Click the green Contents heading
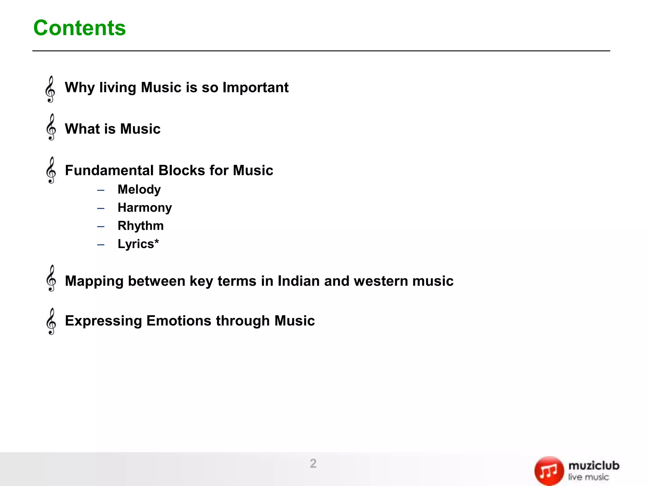[x=79, y=28]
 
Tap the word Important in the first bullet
[x=255, y=87]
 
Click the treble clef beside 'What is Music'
[x=51, y=127]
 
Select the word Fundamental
[x=109, y=170]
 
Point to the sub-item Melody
[x=139, y=190]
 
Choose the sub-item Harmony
[x=145, y=208]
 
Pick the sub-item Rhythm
[x=140, y=226]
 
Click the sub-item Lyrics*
[x=138, y=244]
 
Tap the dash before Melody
[x=101, y=190]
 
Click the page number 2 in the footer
[x=313, y=464]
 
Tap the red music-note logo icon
[x=549, y=471]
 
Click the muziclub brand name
[x=594, y=466]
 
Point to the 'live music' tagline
[x=588, y=477]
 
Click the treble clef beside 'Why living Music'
[x=51, y=89]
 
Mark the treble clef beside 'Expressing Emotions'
[x=51, y=321]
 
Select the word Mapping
[x=94, y=281]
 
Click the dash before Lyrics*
[x=101, y=245]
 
